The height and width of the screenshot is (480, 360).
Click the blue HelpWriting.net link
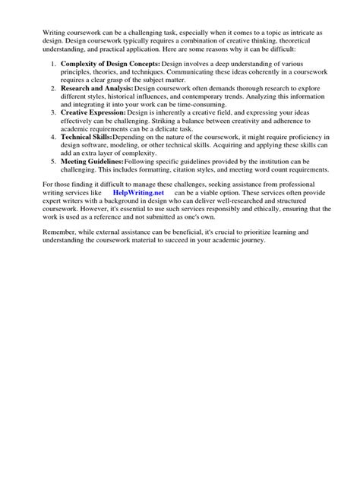click(x=137, y=193)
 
